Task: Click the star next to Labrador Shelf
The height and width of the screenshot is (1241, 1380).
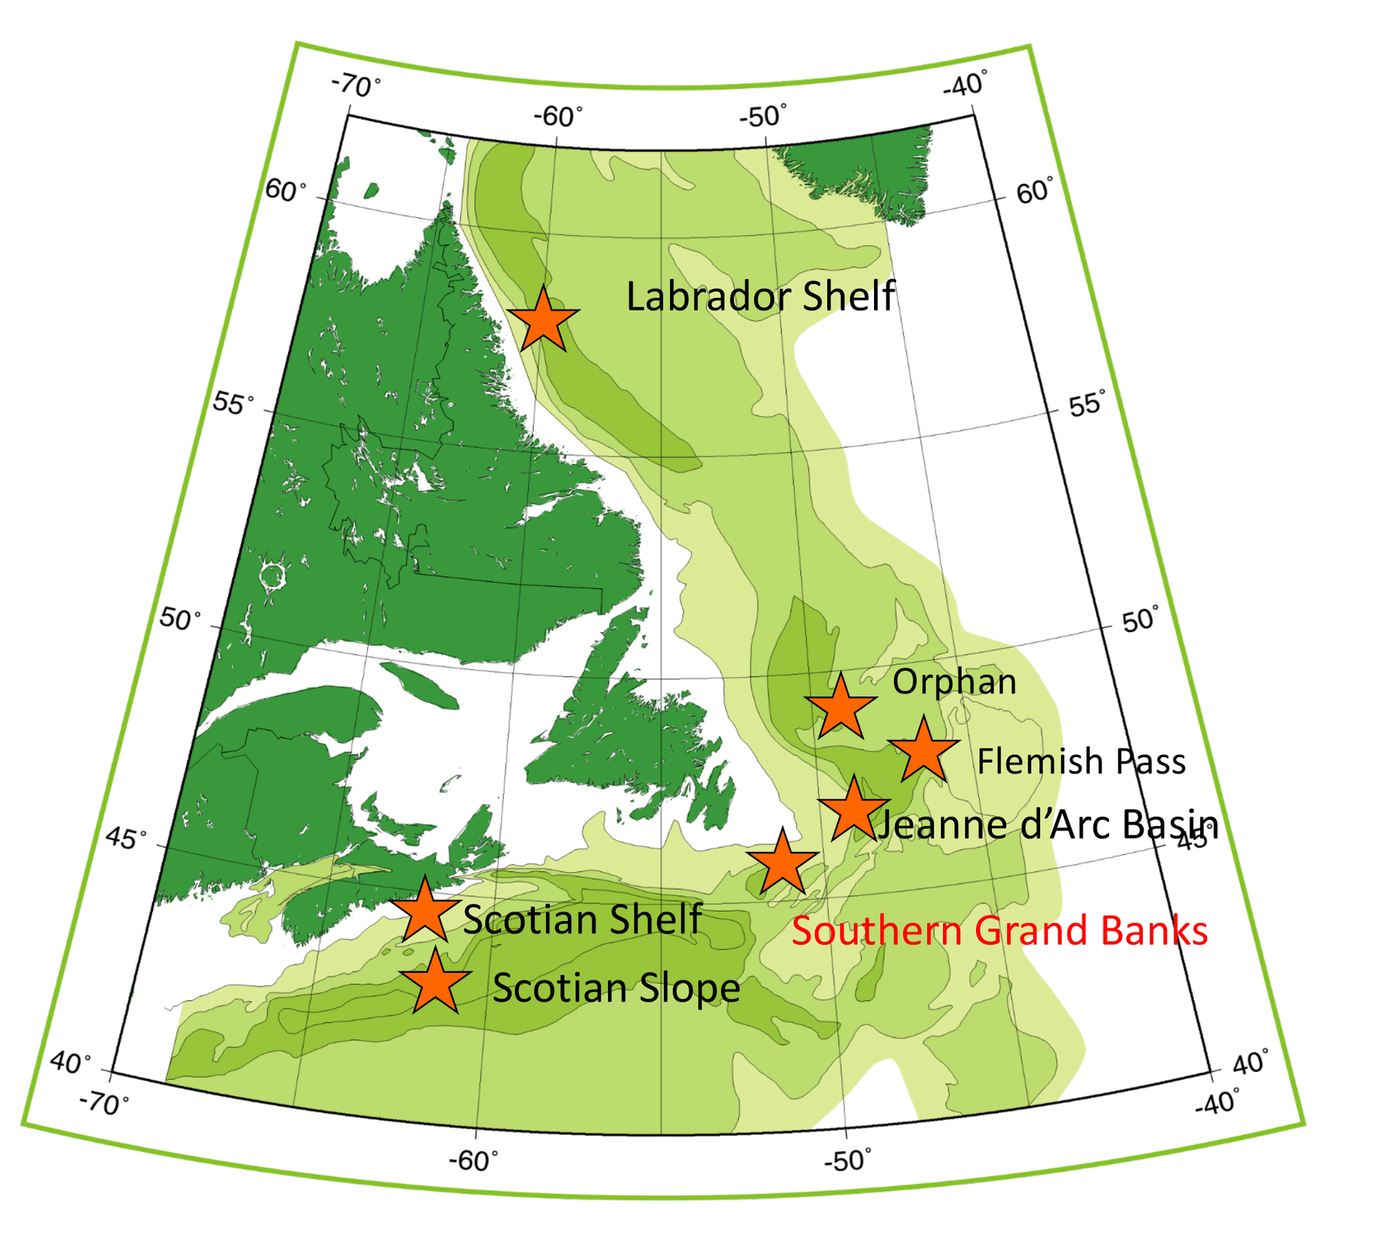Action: tap(543, 321)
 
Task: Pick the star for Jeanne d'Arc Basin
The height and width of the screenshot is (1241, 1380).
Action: tap(854, 810)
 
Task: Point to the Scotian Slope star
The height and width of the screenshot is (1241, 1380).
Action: tap(435, 983)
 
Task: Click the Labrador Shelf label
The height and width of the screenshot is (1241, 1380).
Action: tap(760, 296)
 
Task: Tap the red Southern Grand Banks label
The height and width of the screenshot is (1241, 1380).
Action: tap(999, 930)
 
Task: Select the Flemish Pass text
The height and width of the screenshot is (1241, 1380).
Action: tap(1081, 761)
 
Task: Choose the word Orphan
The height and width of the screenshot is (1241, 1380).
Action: tap(954, 682)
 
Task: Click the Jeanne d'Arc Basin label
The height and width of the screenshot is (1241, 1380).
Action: tap(1048, 824)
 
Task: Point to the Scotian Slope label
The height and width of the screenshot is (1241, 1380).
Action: tap(616, 988)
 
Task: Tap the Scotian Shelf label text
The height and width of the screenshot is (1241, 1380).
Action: tap(582, 919)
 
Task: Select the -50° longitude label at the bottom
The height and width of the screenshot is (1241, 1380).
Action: tap(848, 1159)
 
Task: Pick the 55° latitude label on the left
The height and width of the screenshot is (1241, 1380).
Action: tap(233, 403)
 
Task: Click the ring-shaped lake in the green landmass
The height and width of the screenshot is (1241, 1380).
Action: tap(272, 575)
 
